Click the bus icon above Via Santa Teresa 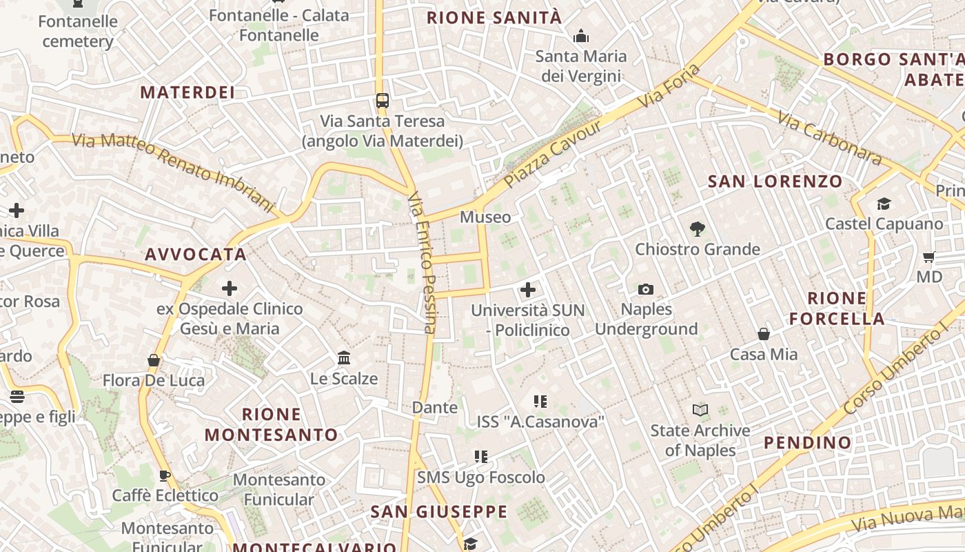pyautogui.click(x=383, y=101)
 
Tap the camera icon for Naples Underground pyautogui.click(x=646, y=289)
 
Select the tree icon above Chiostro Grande pyautogui.click(x=697, y=229)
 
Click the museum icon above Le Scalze pyautogui.click(x=344, y=358)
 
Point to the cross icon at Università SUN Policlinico pyautogui.click(x=528, y=290)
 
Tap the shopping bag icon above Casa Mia pyautogui.click(x=764, y=334)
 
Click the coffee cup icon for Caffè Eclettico pyautogui.click(x=165, y=475)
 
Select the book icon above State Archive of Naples pyautogui.click(x=700, y=411)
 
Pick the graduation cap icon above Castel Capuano pyautogui.click(x=884, y=204)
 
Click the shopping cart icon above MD pyautogui.click(x=928, y=257)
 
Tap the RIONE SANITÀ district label pyautogui.click(x=494, y=18)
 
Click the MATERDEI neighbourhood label pyautogui.click(x=187, y=92)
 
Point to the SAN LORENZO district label pyautogui.click(x=775, y=181)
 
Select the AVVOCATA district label pyautogui.click(x=196, y=254)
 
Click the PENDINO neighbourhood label pyautogui.click(x=808, y=442)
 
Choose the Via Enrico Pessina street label pyautogui.click(x=423, y=262)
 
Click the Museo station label pyautogui.click(x=485, y=217)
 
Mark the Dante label pyautogui.click(x=434, y=407)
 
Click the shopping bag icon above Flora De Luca pyautogui.click(x=154, y=360)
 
